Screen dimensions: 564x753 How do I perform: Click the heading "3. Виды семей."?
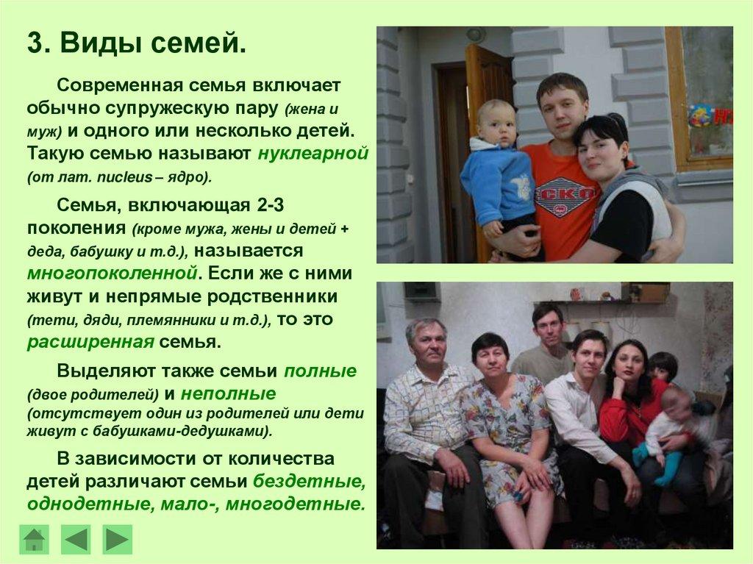coord(137,43)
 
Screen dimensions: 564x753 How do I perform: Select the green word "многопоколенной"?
coord(113,273)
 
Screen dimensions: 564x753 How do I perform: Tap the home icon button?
coord(34,539)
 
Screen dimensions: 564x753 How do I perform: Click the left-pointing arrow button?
coord(76,539)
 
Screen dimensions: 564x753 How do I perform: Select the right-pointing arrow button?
coord(117,539)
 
